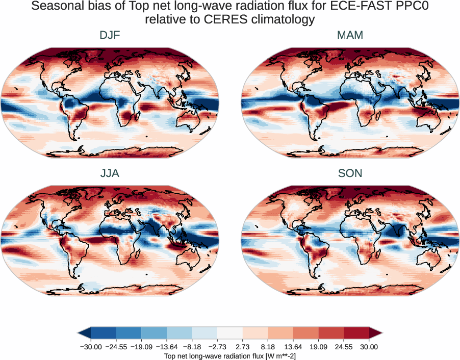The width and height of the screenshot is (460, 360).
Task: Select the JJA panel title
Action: [x=110, y=173]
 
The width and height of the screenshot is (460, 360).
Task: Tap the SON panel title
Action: [x=350, y=173]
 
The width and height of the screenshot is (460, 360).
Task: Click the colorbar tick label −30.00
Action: [x=92, y=347]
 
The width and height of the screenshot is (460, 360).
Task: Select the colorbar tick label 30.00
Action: [x=369, y=347]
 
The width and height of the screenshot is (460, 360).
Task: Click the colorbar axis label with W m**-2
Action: [x=230, y=355]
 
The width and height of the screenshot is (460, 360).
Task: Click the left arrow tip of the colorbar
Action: [x=80, y=333]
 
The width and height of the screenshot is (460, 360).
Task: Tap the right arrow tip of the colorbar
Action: [x=380, y=333]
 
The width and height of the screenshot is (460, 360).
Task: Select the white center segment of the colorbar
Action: [x=230, y=333]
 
